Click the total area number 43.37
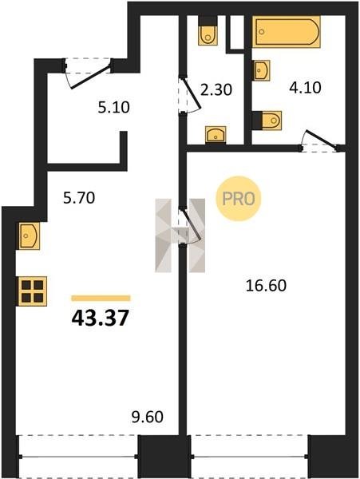(x=100, y=318)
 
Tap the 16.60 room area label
(x=266, y=286)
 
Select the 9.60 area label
(x=148, y=417)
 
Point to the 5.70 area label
(x=79, y=198)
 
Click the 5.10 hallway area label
(x=114, y=107)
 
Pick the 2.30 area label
(x=216, y=89)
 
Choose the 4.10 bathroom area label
(x=305, y=88)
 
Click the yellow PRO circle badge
(x=239, y=199)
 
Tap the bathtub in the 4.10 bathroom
(x=287, y=32)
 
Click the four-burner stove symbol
(x=33, y=291)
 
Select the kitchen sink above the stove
(x=30, y=236)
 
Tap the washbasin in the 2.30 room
(x=216, y=135)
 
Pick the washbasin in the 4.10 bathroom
(x=262, y=70)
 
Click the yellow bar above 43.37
(x=101, y=298)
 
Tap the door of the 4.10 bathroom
(x=320, y=141)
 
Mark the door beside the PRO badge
(x=190, y=226)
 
